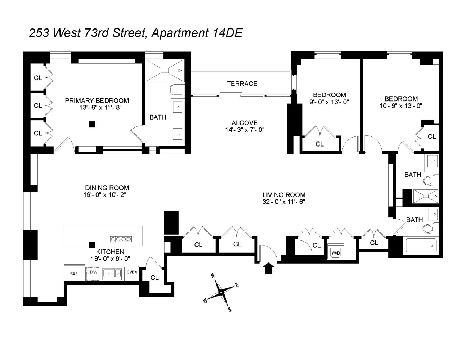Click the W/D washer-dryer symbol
tap(336, 252)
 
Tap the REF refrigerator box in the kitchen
tap(74, 273)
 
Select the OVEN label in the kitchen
tap(132, 272)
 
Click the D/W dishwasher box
tap(94, 272)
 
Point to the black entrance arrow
tap(268, 268)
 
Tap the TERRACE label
tap(242, 84)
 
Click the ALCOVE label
tap(245, 123)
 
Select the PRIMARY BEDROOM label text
tap(97, 100)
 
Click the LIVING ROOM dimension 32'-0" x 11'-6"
tap(283, 202)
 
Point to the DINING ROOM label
tap(107, 188)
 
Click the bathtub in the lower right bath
tap(421, 246)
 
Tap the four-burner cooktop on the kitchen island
tap(121, 239)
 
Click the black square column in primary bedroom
tap(92, 124)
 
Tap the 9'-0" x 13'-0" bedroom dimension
tap(329, 102)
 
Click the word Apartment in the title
tap(180, 33)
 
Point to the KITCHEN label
tap(110, 252)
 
